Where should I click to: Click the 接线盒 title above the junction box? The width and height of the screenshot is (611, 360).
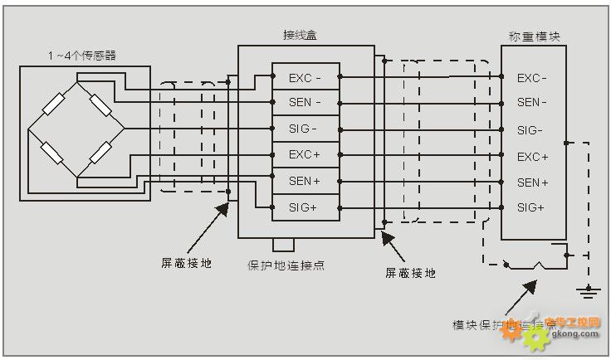coord(300,36)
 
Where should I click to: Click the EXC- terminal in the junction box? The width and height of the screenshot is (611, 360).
coord(305,78)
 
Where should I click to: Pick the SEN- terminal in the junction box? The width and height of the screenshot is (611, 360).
coord(305,103)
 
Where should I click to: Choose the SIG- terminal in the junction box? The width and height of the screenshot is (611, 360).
coord(304,129)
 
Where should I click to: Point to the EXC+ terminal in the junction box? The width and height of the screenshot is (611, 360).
coord(305,154)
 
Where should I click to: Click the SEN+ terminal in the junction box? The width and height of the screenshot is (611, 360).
coord(305,181)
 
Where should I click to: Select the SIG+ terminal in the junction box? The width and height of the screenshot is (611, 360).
coord(304,207)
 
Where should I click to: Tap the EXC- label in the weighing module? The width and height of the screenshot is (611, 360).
coord(532,79)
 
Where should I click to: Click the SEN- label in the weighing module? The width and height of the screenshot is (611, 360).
coord(532,103)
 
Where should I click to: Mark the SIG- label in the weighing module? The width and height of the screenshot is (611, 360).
coord(530,130)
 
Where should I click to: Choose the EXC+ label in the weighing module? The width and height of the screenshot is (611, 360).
coord(533,157)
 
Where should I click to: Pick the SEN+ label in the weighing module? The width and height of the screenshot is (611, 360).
coord(533,182)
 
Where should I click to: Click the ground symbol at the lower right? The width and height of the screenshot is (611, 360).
coord(589,290)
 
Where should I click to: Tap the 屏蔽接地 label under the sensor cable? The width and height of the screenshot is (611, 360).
coord(186,263)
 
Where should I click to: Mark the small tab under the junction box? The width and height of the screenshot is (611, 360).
coord(284,244)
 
